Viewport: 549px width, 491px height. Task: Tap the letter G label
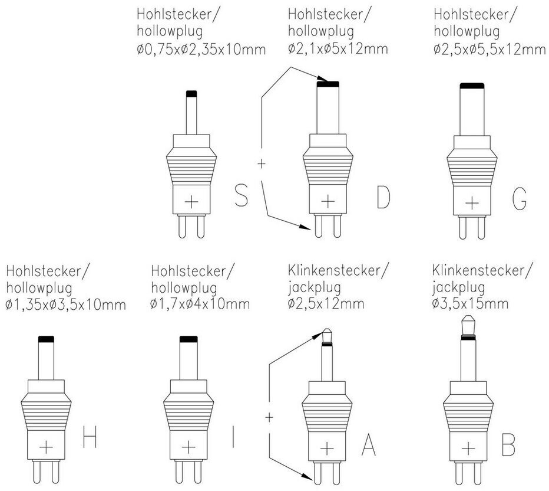(518, 199)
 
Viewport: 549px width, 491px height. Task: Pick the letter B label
(507, 445)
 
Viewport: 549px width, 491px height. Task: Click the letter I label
(234, 438)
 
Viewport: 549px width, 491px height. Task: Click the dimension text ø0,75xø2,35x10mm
(201, 49)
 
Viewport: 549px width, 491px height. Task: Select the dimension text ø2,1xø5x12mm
(338, 48)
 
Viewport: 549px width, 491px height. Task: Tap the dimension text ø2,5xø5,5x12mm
(490, 49)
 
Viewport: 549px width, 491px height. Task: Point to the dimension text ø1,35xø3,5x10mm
(66, 305)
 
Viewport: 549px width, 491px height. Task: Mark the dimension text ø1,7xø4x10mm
(200, 305)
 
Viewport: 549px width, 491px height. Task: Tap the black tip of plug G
(472, 86)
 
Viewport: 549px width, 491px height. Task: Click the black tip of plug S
(191, 93)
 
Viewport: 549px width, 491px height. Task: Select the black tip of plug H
(46, 339)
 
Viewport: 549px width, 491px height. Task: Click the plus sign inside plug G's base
(472, 203)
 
